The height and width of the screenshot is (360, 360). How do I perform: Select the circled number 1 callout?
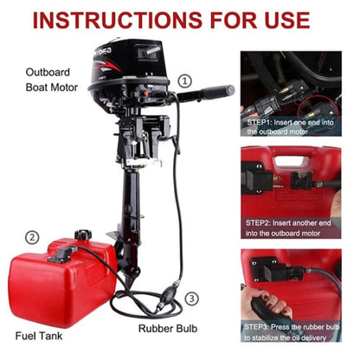[184, 81]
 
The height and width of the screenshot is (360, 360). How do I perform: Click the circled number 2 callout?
[32, 237]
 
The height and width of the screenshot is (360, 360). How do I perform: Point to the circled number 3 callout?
[191, 299]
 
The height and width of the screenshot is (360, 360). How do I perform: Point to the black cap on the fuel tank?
[82, 235]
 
